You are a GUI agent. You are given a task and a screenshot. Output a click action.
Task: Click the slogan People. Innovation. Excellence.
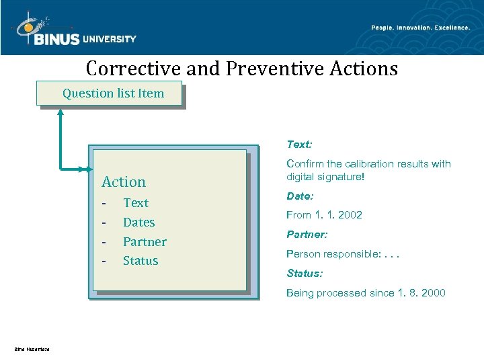coord(420,28)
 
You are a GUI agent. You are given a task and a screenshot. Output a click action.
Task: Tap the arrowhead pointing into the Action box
coord(88,169)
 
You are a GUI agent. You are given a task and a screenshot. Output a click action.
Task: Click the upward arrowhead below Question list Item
coord(61,112)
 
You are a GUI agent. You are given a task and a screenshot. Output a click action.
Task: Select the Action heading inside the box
coord(123,182)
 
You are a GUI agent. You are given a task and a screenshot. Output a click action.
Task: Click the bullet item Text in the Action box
coord(136,203)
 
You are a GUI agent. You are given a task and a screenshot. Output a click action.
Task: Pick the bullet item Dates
coord(138,223)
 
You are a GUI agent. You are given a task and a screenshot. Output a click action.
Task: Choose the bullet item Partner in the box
coord(145,242)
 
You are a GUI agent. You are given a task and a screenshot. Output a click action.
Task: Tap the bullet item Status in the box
coord(140,261)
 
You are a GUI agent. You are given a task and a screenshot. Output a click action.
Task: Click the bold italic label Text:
coord(299,145)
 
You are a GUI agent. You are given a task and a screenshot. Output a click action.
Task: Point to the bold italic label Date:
coord(300,196)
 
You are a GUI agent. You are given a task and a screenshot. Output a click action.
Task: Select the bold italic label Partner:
coord(307,235)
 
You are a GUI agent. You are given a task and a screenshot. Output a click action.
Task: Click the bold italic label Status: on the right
coord(305,274)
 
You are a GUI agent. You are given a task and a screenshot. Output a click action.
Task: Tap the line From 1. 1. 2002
coord(324,215)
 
